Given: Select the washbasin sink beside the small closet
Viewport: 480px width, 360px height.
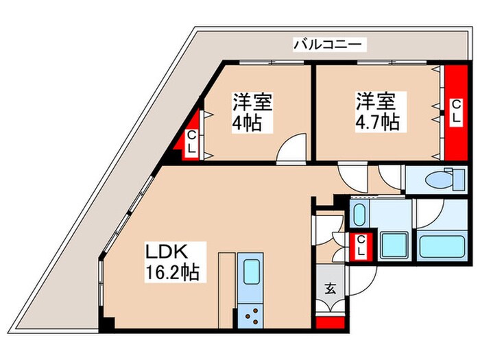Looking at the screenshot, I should pos(359,213).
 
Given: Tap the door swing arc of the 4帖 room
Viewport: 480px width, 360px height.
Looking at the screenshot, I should pos(289,149).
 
